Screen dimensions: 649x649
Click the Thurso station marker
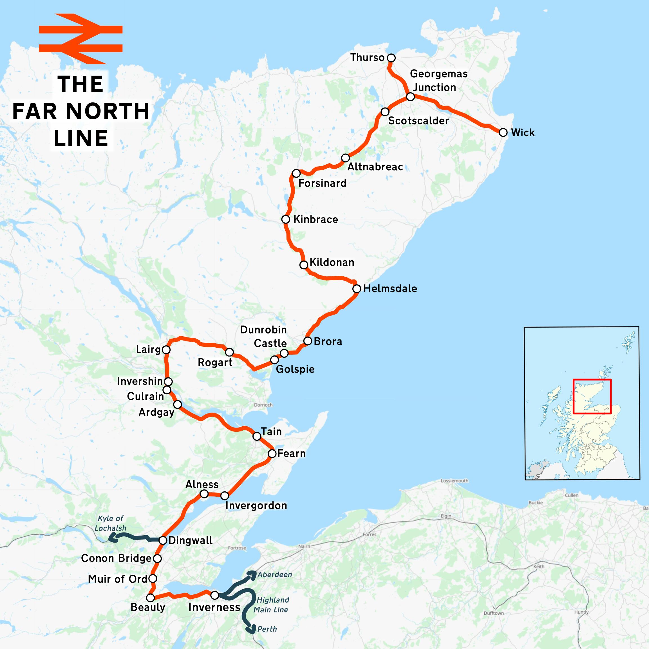[391, 58]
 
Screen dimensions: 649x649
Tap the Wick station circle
[503, 132]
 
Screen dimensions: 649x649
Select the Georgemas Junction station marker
[410, 97]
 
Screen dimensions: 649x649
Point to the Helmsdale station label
[390, 288]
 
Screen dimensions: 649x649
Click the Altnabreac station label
[375, 167]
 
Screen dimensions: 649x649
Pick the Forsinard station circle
[296, 173]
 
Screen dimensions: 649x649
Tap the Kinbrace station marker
[286, 219]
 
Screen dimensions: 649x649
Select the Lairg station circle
[166, 350]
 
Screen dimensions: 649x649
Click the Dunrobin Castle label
[264, 336]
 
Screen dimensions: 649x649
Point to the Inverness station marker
[215, 595]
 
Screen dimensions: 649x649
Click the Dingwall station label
[191, 540]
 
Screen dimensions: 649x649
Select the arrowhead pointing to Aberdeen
[252, 574]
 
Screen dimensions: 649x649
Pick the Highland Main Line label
[271, 605]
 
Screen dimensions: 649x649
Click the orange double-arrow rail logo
[80, 39]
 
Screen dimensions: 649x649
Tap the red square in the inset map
[592, 396]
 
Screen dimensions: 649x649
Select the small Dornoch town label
[263, 405]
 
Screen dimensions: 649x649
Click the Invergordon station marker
[224, 496]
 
